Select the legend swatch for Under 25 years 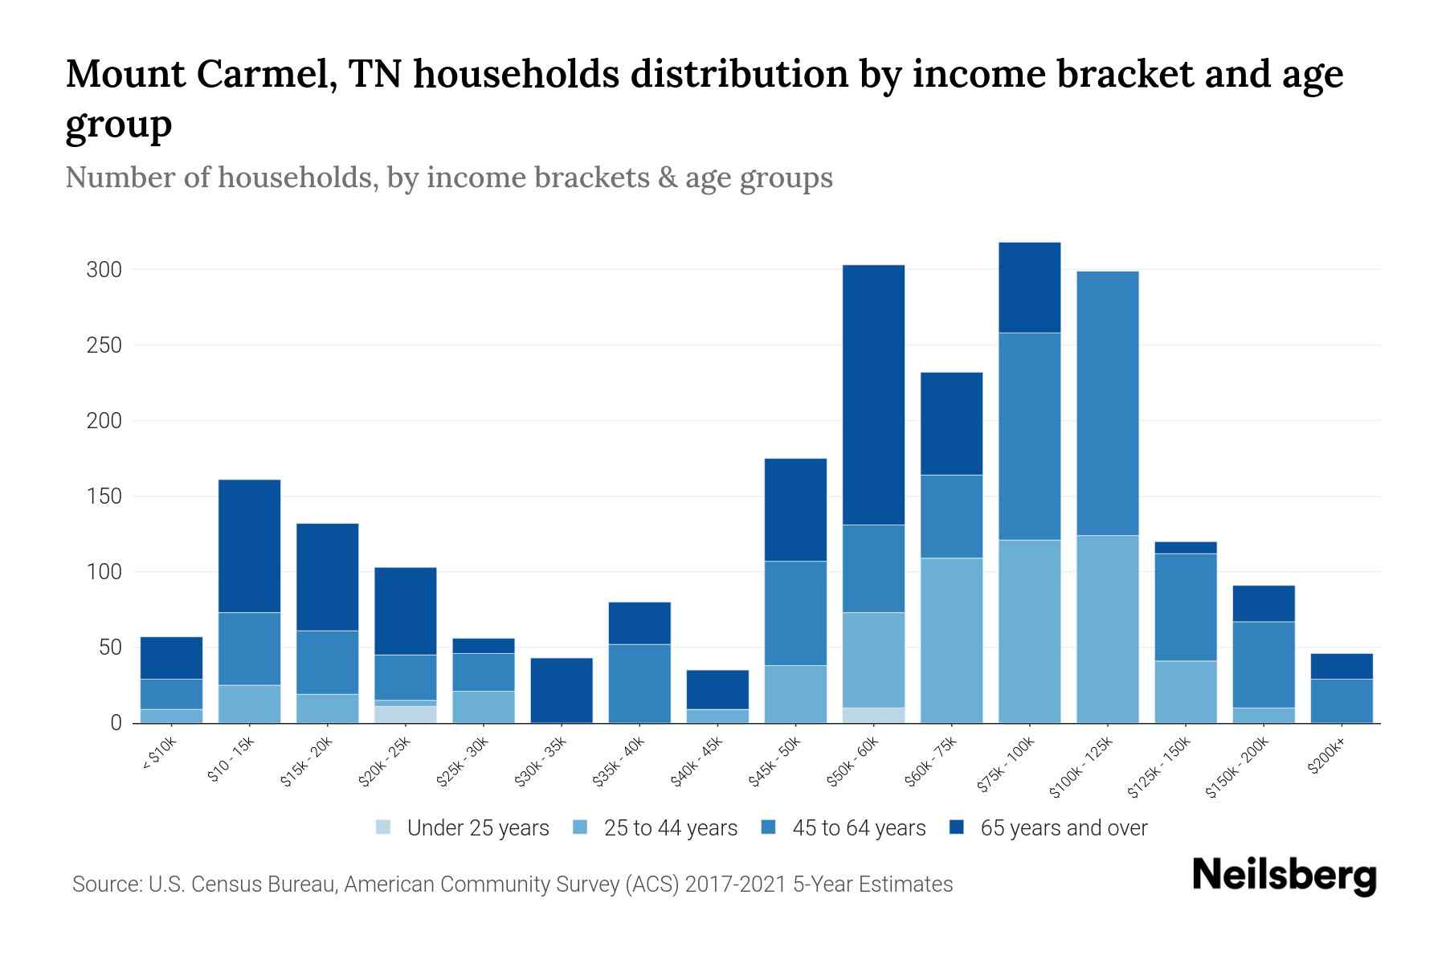click(x=384, y=827)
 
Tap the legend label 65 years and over click(x=1064, y=828)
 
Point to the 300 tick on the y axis click(x=104, y=270)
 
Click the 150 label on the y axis click(x=104, y=496)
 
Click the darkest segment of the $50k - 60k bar click(x=873, y=394)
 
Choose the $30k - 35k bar click(x=562, y=690)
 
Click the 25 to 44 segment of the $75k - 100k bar click(x=1029, y=631)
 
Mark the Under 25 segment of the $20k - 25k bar click(x=406, y=715)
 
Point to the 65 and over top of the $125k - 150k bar click(x=1186, y=548)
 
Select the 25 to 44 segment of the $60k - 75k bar click(x=951, y=640)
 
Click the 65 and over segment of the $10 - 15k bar click(x=250, y=546)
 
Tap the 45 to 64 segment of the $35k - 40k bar click(x=639, y=684)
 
